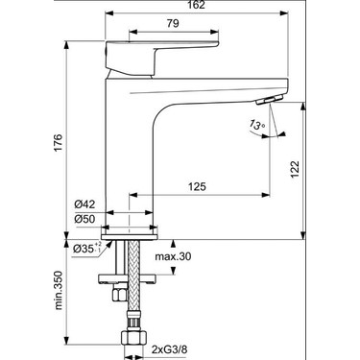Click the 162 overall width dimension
[197, 5]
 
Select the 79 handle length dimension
[173, 23]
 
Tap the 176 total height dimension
[58, 143]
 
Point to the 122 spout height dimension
[295, 169]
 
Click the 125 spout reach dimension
[197, 186]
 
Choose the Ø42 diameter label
[84, 204]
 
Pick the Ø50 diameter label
[84, 219]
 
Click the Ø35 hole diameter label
[87, 249]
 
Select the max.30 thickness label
[173, 256]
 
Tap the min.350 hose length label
[59, 290]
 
